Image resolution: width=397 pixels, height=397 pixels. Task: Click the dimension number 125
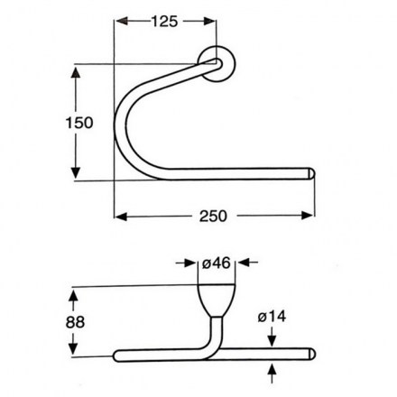tap(164, 22)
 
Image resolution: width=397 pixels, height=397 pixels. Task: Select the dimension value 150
tap(79, 123)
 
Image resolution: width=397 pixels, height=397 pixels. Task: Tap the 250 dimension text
tap(213, 217)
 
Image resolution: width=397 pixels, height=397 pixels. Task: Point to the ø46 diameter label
tap(217, 263)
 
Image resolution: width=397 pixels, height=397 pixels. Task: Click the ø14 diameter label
tap(272, 317)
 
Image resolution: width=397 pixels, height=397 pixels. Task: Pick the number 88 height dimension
tap(75, 322)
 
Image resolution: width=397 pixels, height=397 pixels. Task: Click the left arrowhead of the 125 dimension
tap(122, 22)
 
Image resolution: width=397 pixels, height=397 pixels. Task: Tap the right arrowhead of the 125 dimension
tap(209, 22)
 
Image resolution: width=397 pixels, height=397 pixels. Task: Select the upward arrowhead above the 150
tap(76, 73)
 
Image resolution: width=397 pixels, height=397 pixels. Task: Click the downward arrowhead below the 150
tap(76, 172)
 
